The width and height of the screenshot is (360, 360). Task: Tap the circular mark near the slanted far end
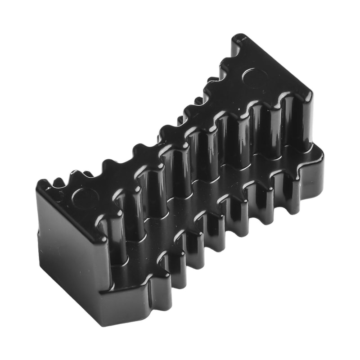point(255,77)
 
